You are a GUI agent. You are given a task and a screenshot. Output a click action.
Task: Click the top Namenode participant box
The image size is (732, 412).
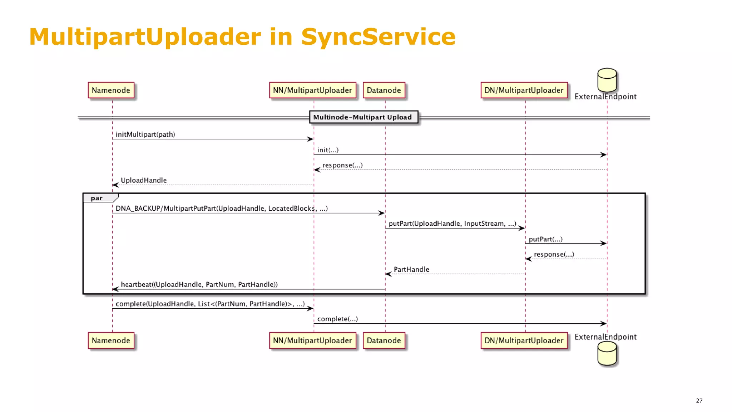pyautogui.click(x=111, y=90)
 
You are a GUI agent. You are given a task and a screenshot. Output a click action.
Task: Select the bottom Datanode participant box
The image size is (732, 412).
pyautogui.click(x=384, y=340)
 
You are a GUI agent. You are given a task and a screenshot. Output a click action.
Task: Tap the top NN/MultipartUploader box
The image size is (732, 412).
pyautogui.click(x=312, y=90)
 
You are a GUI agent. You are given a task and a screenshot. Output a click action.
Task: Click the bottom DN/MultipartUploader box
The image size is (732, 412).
pyautogui.click(x=524, y=340)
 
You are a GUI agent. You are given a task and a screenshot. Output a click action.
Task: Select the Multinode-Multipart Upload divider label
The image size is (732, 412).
pyautogui.click(x=363, y=117)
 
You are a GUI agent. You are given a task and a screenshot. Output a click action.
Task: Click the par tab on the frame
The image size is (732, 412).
pyautogui.click(x=97, y=198)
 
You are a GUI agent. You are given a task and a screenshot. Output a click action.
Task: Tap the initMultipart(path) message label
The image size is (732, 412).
pyautogui.click(x=145, y=134)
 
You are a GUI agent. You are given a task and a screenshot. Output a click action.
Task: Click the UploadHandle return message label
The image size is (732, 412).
pyautogui.click(x=144, y=180)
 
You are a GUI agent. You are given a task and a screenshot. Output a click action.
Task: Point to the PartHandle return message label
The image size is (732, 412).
pyautogui.click(x=411, y=269)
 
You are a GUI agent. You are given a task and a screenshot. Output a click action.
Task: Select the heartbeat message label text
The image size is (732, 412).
pyautogui.click(x=199, y=284)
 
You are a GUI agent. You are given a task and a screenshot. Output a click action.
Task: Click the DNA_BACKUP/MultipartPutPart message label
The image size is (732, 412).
pyautogui.click(x=221, y=209)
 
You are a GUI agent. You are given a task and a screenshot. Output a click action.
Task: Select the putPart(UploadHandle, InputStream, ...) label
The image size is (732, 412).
pyautogui.click(x=452, y=224)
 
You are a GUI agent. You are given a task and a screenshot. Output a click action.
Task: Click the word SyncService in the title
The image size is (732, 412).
pyautogui.click(x=378, y=37)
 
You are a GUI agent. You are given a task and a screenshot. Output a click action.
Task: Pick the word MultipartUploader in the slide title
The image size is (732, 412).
pyautogui.click(x=145, y=37)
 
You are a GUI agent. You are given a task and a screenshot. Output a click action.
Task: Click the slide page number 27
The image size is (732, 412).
pyautogui.click(x=699, y=401)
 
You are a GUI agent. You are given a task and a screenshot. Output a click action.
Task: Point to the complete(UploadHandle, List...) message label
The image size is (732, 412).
pyautogui.click(x=210, y=304)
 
